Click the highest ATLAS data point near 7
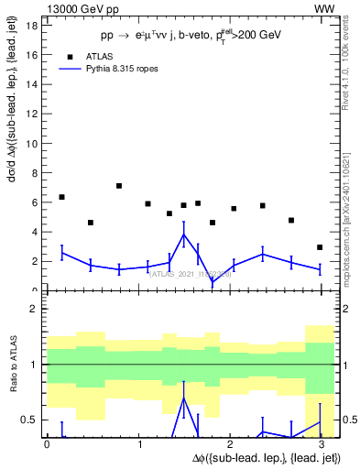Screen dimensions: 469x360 click(119, 186)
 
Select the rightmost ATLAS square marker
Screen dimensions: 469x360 click(320, 247)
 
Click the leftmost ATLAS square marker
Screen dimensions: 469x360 click(61, 197)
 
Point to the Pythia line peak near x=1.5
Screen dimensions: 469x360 click(184, 234)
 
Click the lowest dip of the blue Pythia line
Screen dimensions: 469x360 click(213, 281)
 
